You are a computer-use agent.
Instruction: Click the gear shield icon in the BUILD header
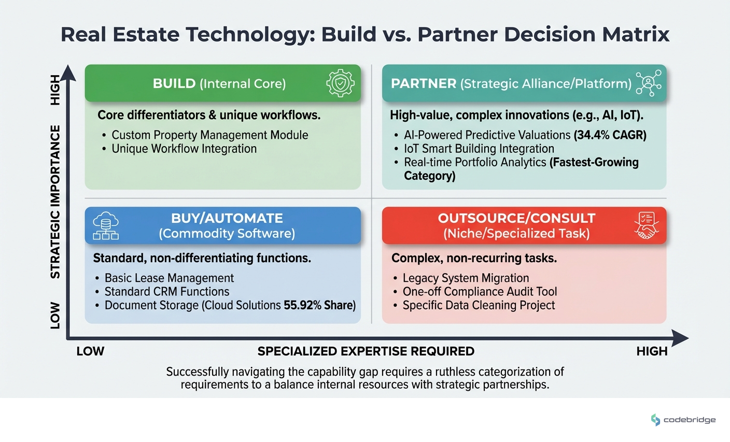coord(340,83)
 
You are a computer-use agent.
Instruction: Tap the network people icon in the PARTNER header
coord(648,83)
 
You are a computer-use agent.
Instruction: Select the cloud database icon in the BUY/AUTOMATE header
coord(106,226)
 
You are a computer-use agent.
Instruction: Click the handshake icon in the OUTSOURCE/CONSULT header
coord(647,226)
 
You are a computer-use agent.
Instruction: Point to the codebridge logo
coord(683,420)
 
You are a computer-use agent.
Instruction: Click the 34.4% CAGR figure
coord(610,135)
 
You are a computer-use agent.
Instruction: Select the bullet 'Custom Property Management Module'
coord(209,135)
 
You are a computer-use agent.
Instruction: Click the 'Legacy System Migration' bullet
coord(466,278)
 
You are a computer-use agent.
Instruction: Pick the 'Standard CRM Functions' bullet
coord(166,292)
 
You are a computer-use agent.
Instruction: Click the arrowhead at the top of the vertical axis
coord(68,73)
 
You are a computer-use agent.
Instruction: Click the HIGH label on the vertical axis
coord(55,90)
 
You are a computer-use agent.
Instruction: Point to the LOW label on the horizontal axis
coord(90,351)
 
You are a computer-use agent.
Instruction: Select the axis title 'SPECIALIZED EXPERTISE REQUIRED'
coord(366,351)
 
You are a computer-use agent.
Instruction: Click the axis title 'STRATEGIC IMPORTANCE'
coord(55,202)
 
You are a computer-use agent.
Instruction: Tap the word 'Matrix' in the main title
coord(636,34)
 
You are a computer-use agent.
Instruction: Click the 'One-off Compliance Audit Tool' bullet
coord(480,292)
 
